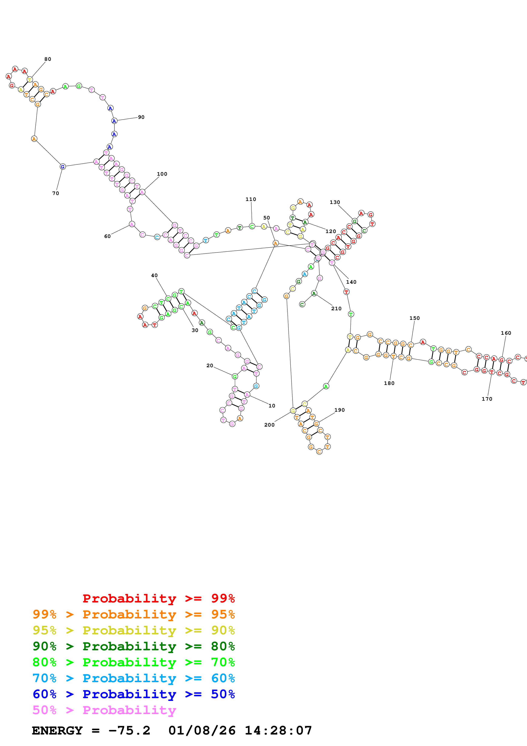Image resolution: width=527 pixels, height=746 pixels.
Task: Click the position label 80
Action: click(48, 59)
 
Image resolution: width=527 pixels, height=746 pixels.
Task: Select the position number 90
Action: click(141, 117)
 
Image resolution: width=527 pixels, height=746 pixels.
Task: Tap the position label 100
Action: click(162, 174)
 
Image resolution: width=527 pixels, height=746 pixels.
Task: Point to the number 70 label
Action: click(55, 193)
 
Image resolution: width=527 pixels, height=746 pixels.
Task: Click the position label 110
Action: click(251, 199)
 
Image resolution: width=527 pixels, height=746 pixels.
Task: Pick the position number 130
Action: click(335, 202)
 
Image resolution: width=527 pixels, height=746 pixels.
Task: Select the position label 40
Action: click(154, 276)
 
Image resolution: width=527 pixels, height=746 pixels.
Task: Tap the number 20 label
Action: click(210, 366)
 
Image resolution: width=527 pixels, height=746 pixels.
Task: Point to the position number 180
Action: click(389, 383)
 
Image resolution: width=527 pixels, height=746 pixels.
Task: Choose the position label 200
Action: click(269, 425)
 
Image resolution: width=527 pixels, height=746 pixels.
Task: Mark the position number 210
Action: click(336, 309)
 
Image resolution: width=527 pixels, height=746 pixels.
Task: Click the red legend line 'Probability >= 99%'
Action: click(158, 598)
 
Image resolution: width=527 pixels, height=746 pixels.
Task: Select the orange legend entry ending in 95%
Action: click(134, 614)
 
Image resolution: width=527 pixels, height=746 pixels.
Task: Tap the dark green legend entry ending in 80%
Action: click(134, 646)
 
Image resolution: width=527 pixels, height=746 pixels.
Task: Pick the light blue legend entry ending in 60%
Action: click(134, 678)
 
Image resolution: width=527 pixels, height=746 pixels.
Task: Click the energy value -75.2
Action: click(129, 731)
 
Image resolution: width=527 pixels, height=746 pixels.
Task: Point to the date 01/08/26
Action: click(202, 731)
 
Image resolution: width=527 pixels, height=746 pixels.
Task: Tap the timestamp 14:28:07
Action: click(278, 731)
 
